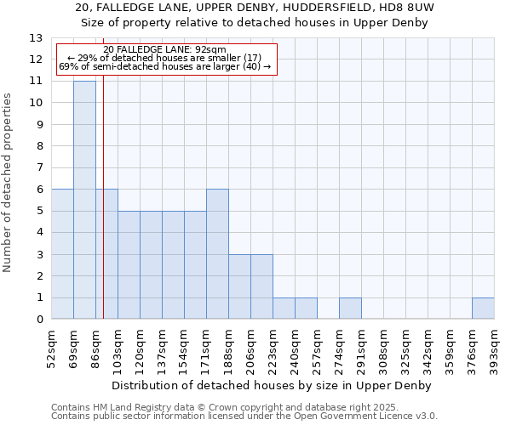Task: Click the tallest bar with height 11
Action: [84, 200]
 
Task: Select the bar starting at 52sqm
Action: [62, 254]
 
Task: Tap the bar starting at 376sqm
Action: [483, 309]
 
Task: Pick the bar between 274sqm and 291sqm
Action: [350, 309]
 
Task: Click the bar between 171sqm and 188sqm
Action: [217, 254]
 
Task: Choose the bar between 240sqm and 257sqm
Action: [306, 309]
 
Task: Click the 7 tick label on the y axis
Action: [38, 168]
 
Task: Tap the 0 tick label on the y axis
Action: [38, 320]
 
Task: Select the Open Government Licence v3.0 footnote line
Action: [244, 416]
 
